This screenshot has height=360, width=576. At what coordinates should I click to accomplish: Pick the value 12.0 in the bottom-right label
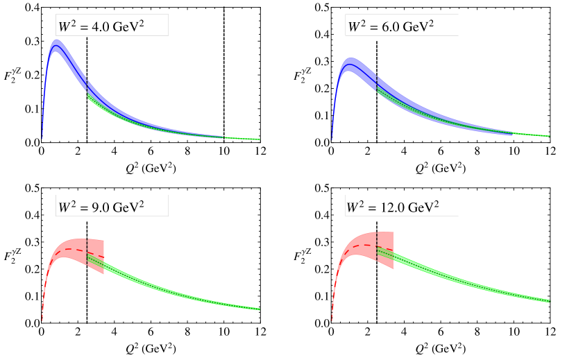tap(394, 207)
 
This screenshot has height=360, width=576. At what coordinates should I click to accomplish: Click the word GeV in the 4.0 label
tap(129, 27)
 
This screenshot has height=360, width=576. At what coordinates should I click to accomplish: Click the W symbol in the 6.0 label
tap(354, 27)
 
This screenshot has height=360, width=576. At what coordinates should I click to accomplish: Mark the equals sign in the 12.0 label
tap(374, 207)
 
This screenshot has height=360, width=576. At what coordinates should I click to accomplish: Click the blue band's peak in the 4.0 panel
tap(57, 46)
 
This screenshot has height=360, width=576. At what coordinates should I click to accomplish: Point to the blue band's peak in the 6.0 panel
tap(352, 65)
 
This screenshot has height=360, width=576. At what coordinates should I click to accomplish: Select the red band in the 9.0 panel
tap(69, 250)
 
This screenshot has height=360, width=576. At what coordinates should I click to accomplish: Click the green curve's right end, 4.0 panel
tap(260, 139)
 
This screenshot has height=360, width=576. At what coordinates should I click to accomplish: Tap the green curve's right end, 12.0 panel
tap(549, 300)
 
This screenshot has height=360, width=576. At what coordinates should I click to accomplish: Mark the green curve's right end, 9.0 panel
tap(260, 309)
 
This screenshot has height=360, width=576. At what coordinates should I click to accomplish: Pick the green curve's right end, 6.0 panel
tap(549, 135)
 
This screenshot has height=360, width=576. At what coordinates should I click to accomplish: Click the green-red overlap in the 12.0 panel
tap(385, 254)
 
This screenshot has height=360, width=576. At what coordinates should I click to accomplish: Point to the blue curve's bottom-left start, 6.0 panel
tap(332, 139)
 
